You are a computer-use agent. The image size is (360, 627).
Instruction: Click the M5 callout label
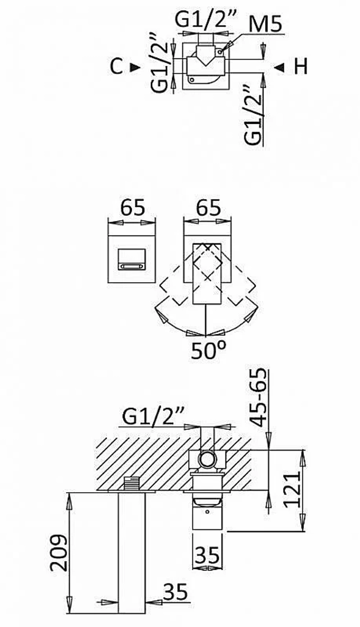click(x=266, y=25)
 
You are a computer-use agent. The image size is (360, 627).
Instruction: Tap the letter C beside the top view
click(x=116, y=67)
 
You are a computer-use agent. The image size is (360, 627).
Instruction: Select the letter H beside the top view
click(x=301, y=67)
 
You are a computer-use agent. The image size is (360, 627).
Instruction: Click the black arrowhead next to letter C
click(x=135, y=67)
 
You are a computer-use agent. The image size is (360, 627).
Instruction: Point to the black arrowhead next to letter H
click(x=279, y=67)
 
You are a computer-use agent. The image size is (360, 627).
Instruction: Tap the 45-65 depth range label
click(x=258, y=397)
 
